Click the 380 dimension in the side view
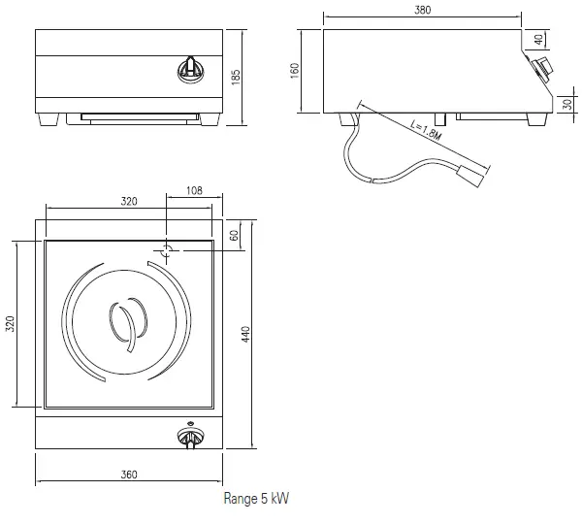(422, 11)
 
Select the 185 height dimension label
(236, 76)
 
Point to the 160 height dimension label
(295, 69)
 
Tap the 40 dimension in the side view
(539, 39)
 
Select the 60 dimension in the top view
(234, 236)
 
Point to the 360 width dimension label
(129, 475)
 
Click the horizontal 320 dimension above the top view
(129, 202)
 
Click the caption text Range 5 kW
(256, 499)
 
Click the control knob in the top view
(190, 439)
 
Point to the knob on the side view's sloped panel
(541, 68)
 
